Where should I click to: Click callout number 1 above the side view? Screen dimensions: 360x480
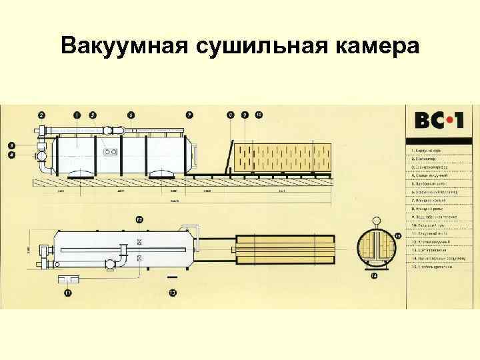pos(77,115)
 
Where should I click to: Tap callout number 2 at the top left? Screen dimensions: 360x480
pos(42,115)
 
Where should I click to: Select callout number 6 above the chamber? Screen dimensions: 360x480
pos(131,115)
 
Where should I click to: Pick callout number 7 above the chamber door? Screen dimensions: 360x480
pos(189,115)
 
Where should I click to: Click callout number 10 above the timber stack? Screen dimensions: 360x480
pos(259,115)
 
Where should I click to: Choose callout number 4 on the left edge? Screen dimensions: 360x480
pos(11,155)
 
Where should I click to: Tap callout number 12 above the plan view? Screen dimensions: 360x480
pos(139,219)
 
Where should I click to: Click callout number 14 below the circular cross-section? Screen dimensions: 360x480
pos(375,276)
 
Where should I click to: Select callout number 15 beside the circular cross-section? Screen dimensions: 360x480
pos(398,235)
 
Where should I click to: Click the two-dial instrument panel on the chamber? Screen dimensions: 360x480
pos(111,152)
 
